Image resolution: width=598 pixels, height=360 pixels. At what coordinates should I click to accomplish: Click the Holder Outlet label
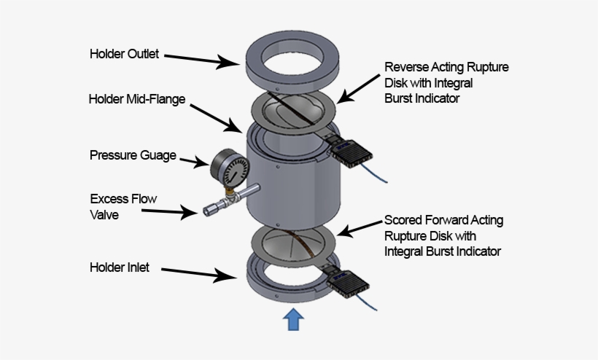point(124,54)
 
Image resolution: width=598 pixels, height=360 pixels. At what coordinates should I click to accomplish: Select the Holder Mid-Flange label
point(137,98)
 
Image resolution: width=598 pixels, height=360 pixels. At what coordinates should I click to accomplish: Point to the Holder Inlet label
point(120,267)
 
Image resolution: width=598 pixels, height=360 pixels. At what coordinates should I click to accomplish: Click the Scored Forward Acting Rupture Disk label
point(443,235)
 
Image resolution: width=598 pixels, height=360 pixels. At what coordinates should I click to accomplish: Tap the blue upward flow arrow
point(292,318)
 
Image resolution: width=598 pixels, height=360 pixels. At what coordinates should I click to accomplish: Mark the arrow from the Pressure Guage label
point(193,160)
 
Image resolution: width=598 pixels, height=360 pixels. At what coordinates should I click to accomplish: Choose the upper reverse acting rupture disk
point(292,110)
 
